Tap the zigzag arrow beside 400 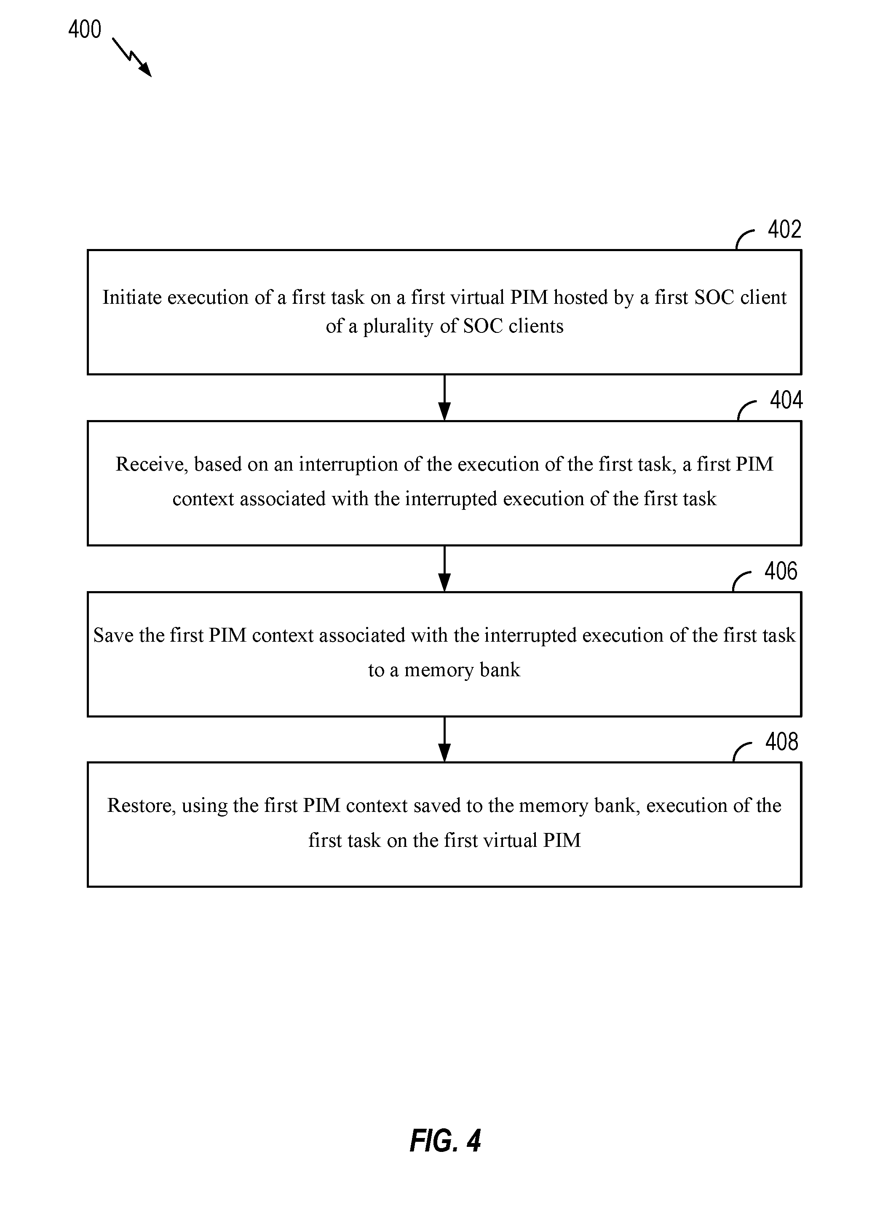click(132, 57)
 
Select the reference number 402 click(784, 229)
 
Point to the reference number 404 click(786, 400)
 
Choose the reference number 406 click(781, 571)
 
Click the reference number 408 click(782, 742)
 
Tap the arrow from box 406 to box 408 click(444, 739)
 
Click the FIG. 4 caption click(445, 1140)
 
